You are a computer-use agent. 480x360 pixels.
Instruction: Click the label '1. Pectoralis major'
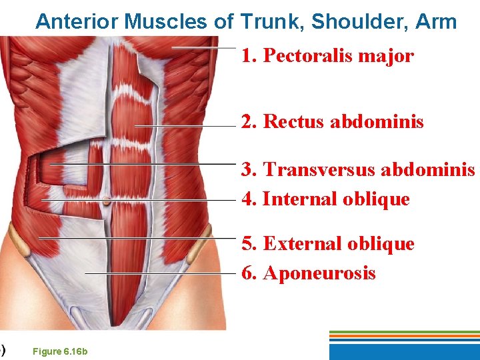(327, 55)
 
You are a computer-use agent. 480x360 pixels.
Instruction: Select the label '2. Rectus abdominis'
(332, 122)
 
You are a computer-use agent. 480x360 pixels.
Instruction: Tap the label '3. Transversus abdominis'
(358, 169)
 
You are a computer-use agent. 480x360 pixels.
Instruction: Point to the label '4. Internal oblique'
(325, 199)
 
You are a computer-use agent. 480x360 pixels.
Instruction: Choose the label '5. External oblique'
(328, 244)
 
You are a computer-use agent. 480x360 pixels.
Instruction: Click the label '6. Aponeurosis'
(309, 273)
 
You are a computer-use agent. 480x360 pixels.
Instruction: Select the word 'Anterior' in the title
(77, 22)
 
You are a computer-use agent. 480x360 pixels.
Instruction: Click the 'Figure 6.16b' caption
(60, 352)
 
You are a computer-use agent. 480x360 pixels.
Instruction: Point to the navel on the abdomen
(107, 201)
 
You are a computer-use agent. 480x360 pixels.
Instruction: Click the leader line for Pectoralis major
(203, 48)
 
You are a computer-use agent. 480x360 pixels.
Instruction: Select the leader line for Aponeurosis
(160, 274)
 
